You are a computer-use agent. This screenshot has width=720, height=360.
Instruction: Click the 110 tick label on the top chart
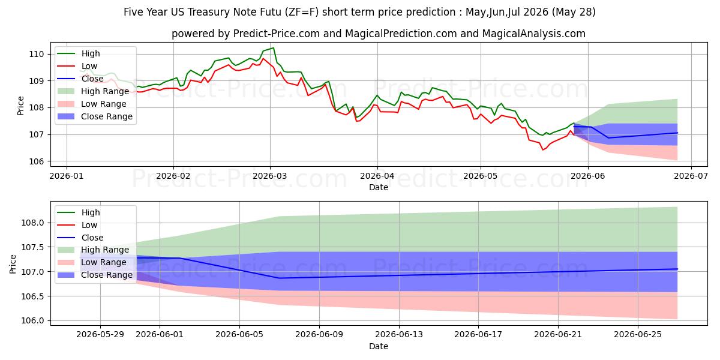[37, 54]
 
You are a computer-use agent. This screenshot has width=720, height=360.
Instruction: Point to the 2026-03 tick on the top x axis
[270, 176]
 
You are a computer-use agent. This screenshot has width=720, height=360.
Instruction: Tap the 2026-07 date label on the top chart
[691, 176]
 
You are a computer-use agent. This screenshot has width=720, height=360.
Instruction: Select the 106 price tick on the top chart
[37, 161]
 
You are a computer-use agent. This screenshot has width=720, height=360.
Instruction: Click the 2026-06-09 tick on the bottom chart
[319, 335]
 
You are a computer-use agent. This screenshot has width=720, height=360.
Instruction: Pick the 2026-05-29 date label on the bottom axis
[100, 335]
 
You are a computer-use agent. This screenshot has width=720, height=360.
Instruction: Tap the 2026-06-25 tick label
[638, 335]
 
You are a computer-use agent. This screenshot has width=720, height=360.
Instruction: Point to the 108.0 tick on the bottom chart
[32, 223]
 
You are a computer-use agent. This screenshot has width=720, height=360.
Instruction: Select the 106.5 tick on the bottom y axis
[32, 296]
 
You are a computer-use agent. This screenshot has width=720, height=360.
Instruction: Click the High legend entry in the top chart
[91, 53]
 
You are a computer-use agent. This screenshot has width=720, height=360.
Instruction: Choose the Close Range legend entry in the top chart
[106, 116]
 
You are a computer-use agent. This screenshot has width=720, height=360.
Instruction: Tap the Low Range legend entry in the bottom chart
[103, 262]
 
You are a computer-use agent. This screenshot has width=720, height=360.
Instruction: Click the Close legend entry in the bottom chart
[92, 238]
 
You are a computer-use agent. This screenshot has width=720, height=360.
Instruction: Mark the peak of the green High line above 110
[274, 48]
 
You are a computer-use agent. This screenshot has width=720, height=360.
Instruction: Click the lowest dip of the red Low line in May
[543, 150]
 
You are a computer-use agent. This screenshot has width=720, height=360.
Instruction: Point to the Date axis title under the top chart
[379, 187]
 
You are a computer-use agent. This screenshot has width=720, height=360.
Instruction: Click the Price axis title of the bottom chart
[13, 264]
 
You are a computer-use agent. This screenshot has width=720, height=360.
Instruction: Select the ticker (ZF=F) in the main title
[301, 12]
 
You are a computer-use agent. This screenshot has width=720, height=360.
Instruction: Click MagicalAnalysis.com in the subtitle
[533, 34]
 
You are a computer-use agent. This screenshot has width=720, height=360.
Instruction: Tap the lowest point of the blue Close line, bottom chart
[280, 278]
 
